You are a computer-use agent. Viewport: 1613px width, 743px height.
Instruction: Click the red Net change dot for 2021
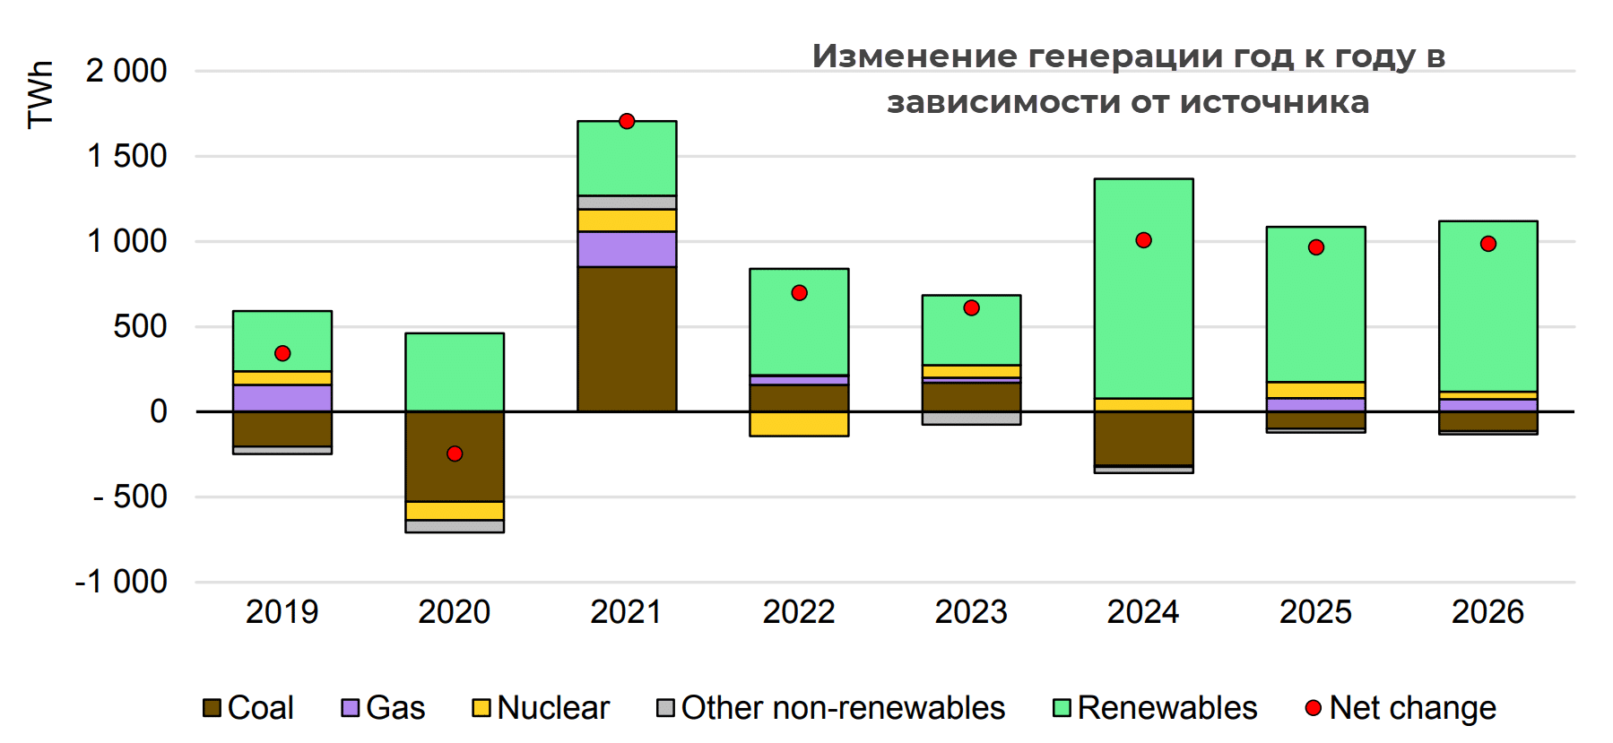(x=627, y=121)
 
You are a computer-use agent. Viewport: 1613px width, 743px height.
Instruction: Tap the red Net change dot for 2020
(x=455, y=454)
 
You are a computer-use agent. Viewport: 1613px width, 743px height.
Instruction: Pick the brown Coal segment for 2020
(x=455, y=456)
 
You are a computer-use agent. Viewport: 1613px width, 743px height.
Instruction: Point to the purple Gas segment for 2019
(x=282, y=398)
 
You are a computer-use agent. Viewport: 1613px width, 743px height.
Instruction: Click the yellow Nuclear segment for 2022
(x=799, y=424)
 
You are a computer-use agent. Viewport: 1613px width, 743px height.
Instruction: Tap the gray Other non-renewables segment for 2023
(x=971, y=418)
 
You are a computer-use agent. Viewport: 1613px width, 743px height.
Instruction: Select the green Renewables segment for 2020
(x=455, y=372)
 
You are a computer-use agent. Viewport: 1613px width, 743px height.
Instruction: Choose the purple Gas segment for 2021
(x=627, y=249)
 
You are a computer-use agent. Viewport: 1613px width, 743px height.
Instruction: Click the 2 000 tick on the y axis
(x=126, y=71)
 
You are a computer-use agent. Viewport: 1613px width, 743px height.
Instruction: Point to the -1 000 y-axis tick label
(x=122, y=582)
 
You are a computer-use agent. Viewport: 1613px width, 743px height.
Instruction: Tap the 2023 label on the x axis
(x=971, y=612)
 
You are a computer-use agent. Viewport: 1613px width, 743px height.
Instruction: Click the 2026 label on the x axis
(x=1487, y=612)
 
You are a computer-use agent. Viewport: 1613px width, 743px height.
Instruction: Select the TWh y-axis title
(x=40, y=95)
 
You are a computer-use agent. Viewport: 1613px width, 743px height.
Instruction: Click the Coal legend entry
(x=248, y=708)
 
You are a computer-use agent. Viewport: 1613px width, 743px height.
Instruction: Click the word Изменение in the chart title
(x=914, y=56)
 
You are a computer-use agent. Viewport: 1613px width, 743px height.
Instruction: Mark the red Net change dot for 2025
(x=1315, y=247)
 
